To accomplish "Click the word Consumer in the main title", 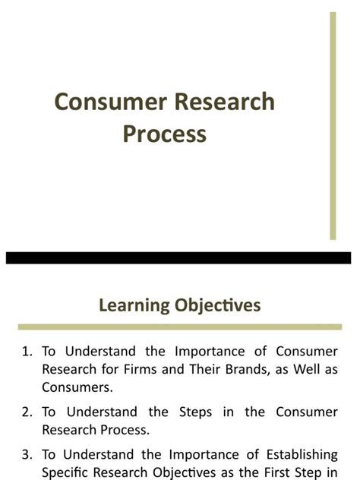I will point(103,103).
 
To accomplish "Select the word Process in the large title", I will point(164,133).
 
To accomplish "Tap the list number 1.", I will point(27,351).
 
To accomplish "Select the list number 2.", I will point(27,412).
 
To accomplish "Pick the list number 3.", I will point(27,454).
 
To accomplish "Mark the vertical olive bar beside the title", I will point(333,125).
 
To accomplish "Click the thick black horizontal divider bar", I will point(179,257).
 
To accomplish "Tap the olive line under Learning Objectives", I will point(179,327).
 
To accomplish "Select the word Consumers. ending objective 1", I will point(77,387).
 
